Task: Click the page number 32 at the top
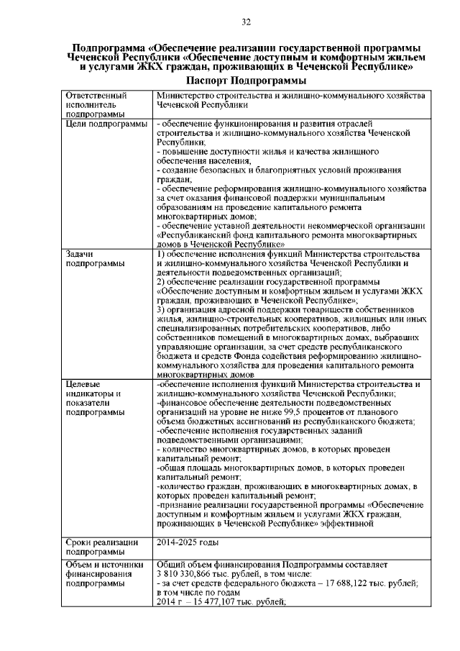point(245,24)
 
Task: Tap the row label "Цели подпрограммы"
point(104,124)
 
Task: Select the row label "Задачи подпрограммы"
point(94,259)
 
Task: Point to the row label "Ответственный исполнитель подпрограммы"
point(96,104)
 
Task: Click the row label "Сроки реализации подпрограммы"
point(101,546)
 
